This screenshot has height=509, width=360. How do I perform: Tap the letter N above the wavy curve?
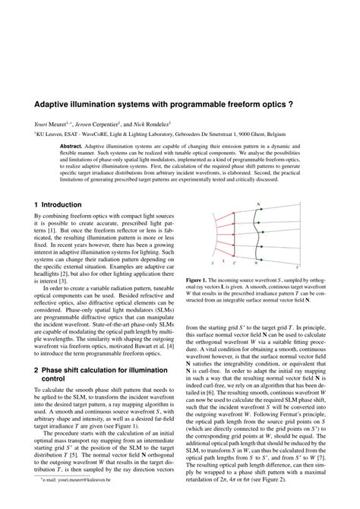[x=261, y=204]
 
